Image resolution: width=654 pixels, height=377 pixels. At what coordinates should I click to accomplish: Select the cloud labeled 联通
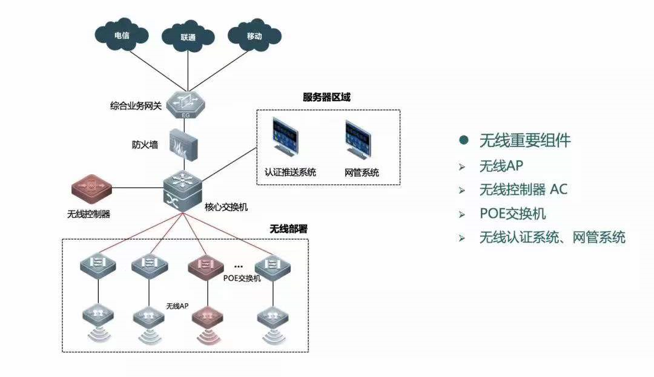pos(188,37)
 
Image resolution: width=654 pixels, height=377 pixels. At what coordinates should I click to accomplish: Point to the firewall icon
pos(185,144)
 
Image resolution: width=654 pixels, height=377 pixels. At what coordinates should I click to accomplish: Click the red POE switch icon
pos(207,264)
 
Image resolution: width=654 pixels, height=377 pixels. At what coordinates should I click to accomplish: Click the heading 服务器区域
pos(326,97)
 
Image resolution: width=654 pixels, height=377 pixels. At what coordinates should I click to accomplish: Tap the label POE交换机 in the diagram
pos(242,278)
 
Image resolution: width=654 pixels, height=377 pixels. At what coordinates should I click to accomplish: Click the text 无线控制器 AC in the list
pos(523,189)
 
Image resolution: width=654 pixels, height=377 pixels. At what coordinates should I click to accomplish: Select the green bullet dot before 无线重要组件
pos(464,140)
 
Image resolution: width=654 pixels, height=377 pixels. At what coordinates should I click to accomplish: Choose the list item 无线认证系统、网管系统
pos(552,237)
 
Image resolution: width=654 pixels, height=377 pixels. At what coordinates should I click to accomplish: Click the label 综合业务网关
pos(136,106)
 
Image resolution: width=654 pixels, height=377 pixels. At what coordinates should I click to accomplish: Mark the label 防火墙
pos(145,145)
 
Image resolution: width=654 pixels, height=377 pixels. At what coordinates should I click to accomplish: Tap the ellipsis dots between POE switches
pos(239,264)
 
